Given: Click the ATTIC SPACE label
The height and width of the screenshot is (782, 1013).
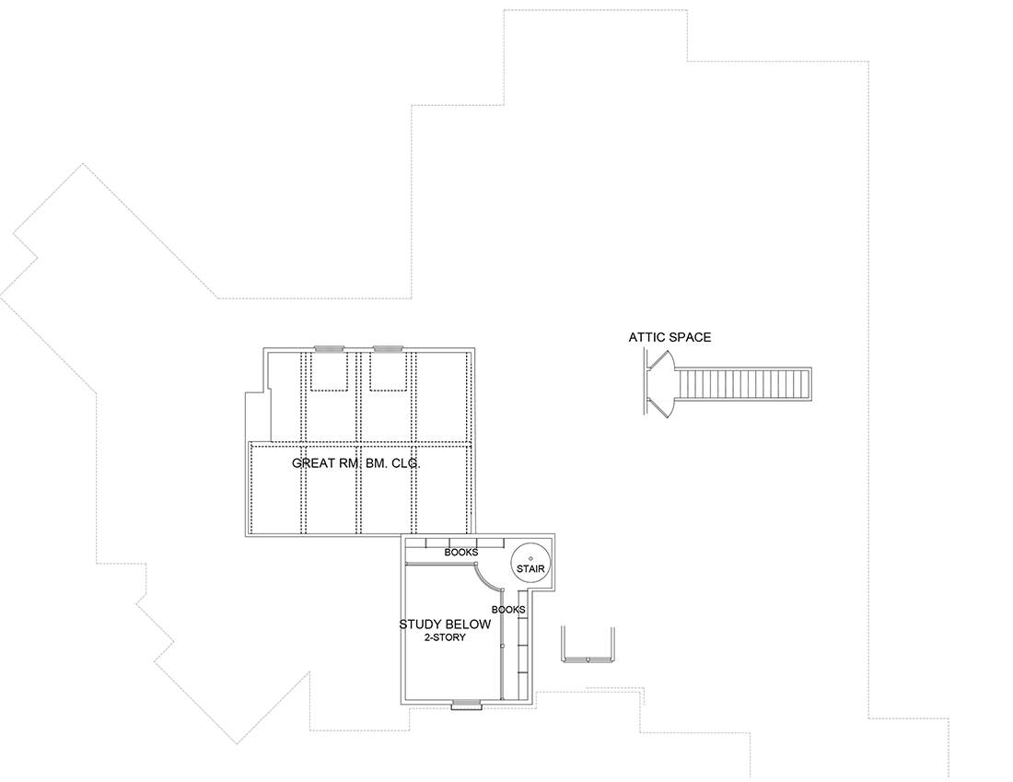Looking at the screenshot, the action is point(670,337).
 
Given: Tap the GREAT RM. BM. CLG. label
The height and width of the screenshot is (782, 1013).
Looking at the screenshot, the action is point(356,463).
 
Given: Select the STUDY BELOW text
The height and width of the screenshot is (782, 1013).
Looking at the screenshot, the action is point(445,624).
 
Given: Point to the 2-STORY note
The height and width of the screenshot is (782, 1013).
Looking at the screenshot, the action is point(445,637).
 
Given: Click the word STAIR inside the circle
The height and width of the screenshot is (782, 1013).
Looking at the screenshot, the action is point(530,569).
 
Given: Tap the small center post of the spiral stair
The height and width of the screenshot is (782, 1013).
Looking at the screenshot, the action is point(530,558).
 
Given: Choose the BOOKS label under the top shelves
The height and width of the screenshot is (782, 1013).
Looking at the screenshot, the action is point(461,553).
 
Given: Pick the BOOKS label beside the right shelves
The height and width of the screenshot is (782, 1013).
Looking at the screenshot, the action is point(508,610).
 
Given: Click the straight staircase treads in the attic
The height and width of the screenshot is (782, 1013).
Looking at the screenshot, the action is point(743,384).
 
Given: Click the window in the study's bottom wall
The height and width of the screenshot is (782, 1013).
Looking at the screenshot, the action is point(466,705).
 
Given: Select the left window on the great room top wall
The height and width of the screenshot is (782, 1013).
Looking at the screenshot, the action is point(330,349).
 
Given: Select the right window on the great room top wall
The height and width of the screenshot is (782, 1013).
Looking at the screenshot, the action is point(389,349).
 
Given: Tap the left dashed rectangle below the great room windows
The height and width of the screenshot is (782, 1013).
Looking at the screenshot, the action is point(330,371).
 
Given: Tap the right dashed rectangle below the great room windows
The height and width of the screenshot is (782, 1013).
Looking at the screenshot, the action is point(389,371).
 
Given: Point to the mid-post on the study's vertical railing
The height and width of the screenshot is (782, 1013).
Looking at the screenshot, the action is point(502,646).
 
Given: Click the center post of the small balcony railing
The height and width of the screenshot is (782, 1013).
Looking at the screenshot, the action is point(588,659).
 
